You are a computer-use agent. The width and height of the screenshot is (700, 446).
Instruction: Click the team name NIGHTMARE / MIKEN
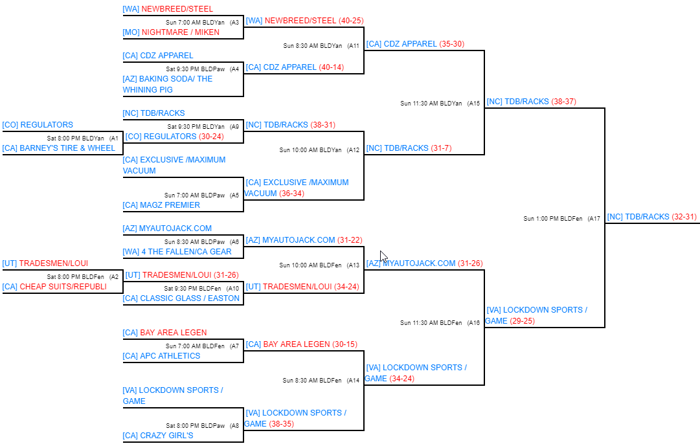click(180, 32)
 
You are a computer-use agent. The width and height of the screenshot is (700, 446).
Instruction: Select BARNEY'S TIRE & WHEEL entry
click(67, 148)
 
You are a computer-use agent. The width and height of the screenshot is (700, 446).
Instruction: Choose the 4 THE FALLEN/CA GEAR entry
click(186, 252)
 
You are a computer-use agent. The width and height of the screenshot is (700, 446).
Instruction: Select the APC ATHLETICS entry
click(170, 356)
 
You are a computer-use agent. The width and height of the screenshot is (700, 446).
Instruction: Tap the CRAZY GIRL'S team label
click(166, 436)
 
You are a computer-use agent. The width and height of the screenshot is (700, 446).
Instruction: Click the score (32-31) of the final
click(684, 217)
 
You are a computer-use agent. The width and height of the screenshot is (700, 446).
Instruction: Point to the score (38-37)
click(563, 102)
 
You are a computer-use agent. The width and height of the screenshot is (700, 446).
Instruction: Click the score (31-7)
click(441, 148)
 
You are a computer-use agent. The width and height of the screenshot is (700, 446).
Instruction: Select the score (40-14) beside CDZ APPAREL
click(331, 67)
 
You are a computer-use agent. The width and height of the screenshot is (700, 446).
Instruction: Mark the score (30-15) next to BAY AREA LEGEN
click(344, 344)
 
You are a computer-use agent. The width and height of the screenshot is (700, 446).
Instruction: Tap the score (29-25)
click(523, 321)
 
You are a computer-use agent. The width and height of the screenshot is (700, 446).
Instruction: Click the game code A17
click(594, 219)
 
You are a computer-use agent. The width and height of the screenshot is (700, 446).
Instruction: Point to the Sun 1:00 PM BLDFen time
click(552, 219)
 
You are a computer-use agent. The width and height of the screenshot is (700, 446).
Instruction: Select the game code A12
click(353, 150)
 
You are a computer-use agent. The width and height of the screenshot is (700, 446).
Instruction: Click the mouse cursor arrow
click(383, 256)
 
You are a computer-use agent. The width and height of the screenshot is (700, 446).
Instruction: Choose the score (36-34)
click(291, 194)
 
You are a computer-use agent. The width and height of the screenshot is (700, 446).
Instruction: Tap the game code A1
click(114, 138)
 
